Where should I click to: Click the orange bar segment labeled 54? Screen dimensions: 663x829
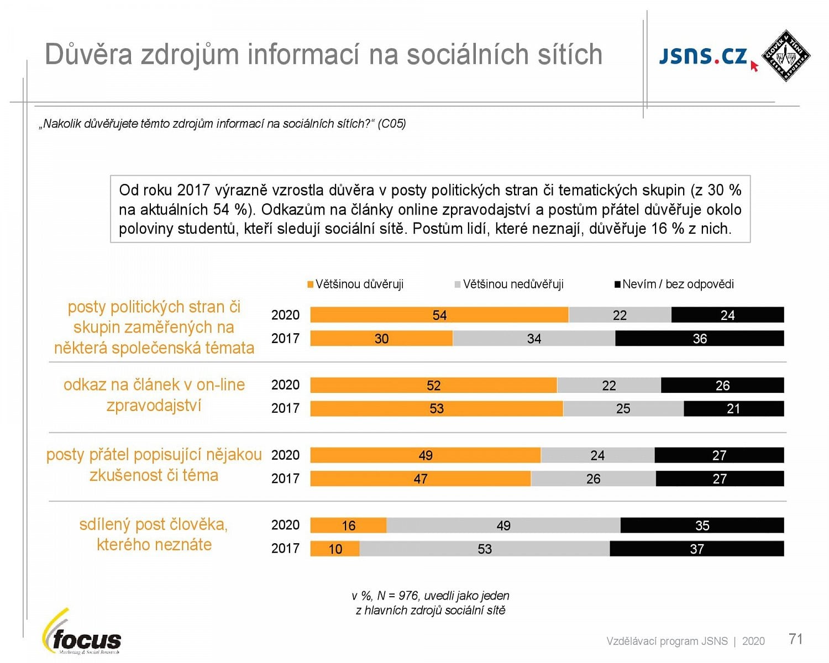pyautogui.click(x=439, y=315)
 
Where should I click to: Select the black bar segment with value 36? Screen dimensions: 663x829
pyautogui.click(x=699, y=339)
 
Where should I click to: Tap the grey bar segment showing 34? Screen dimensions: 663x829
pyautogui.click(x=533, y=339)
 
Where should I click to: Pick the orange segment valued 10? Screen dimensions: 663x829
pyautogui.click(x=335, y=549)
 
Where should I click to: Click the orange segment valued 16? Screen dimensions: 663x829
pyautogui.click(x=348, y=525)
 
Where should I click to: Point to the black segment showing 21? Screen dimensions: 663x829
pyautogui.click(x=733, y=408)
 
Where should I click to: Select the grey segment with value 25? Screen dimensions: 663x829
pyautogui.click(x=623, y=408)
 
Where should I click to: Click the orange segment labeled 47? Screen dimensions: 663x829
pyautogui.click(x=420, y=478)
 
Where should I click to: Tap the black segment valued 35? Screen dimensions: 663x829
pyautogui.click(x=702, y=525)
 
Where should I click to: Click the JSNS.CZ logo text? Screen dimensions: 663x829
pyautogui.click(x=703, y=56)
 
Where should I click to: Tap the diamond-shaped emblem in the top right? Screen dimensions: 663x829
pyautogui.click(x=785, y=56)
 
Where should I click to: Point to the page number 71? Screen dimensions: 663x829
pyautogui.click(x=795, y=639)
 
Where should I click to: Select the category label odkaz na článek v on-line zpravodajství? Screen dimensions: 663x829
pyautogui.click(x=154, y=395)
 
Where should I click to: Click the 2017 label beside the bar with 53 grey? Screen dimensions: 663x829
pyautogui.click(x=285, y=549)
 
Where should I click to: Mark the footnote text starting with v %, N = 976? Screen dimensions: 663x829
pyautogui.click(x=430, y=603)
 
